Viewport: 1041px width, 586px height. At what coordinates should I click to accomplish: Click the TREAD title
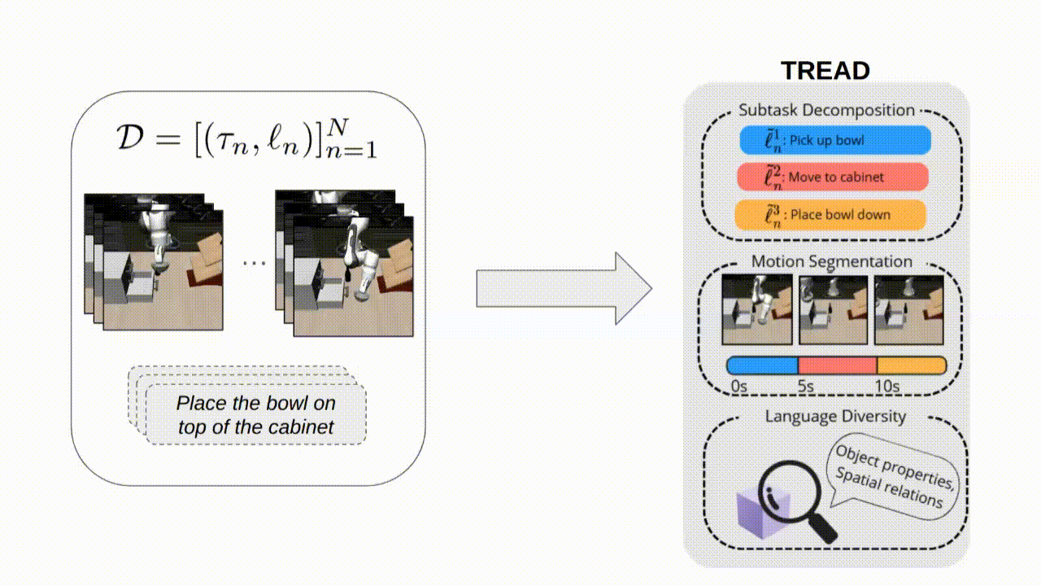click(x=825, y=70)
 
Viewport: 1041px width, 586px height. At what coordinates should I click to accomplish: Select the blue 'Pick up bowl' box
click(x=835, y=140)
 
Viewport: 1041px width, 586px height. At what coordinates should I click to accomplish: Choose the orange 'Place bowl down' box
click(x=830, y=215)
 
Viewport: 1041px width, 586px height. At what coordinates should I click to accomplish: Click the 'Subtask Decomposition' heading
click(x=826, y=110)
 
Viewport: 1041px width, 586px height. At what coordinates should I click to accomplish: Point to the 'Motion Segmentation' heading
click(x=831, y=261)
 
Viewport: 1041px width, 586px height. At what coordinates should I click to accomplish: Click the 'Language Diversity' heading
click(x=834, y=416)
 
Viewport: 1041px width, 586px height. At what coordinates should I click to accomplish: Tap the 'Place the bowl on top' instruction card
click(x=255, y=415)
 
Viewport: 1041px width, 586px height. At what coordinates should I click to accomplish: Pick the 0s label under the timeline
click(x=738, y=386)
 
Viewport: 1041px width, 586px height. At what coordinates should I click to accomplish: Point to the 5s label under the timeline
click(x=805, y=386)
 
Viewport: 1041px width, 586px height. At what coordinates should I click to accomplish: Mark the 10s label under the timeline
click(x=886, y=386)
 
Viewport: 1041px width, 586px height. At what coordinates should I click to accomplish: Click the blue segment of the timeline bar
click(x=762, y=365)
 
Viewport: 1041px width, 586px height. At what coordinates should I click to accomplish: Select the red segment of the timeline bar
click(x=837, y=365)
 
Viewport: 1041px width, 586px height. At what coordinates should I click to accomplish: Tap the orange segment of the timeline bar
click(x=911, y=365)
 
